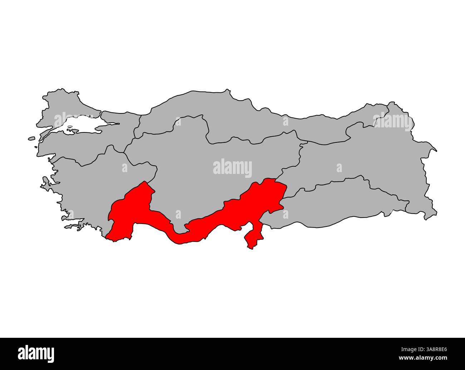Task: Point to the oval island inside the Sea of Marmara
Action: (x=70, y=126)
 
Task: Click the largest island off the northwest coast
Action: (x=31, y=138)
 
